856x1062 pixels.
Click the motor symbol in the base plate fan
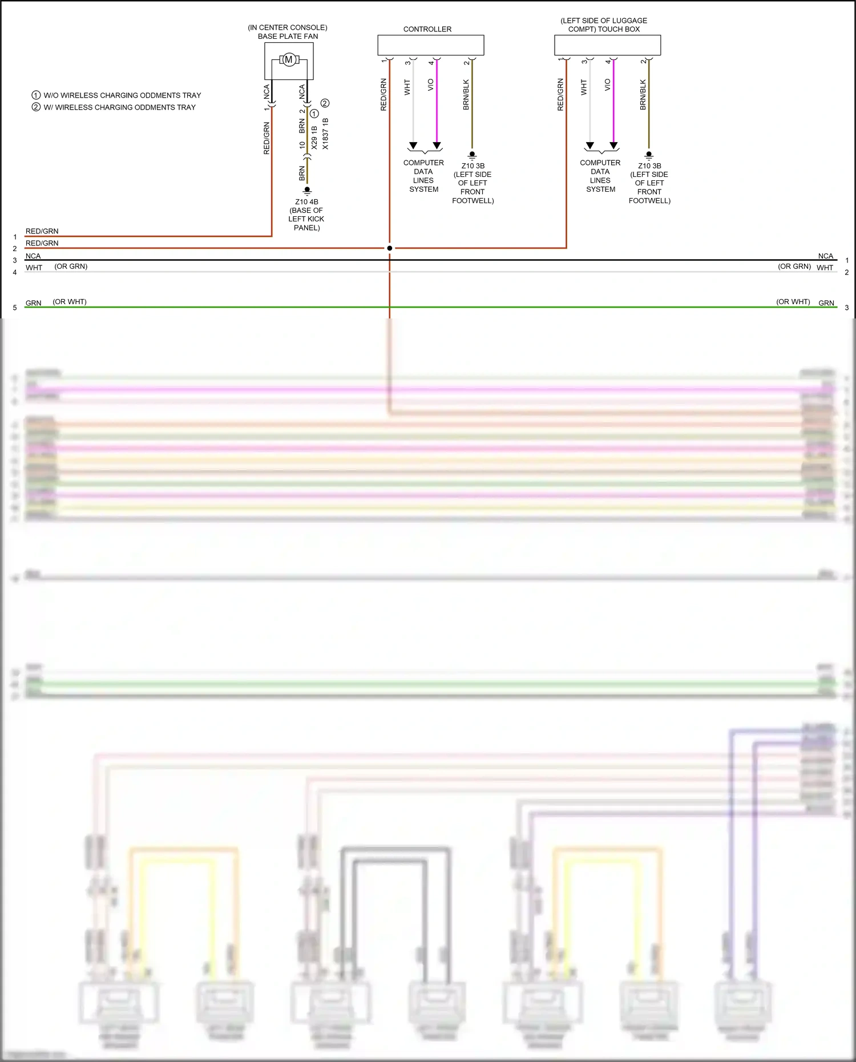point(289,59)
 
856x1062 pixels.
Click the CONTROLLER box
point(430,45)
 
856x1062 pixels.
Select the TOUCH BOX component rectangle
point(607,45)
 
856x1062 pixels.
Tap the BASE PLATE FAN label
point(288,36)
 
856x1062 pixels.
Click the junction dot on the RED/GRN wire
point(390,248)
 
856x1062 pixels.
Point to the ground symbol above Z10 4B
point(307,190)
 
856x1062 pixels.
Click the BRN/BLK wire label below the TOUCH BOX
point(643,95)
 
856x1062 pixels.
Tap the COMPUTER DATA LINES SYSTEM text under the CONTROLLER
point(423,176)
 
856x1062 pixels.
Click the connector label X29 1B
point(314,138)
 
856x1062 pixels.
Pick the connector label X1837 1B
point(325,134)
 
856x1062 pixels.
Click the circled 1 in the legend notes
point(36,95)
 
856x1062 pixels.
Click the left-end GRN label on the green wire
point(34,303)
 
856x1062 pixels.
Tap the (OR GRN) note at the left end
point(71,266)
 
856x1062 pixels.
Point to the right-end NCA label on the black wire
point(825,256)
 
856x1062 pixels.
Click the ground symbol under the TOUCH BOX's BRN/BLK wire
point(649,155)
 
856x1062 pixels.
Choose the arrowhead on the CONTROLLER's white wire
point(413,146)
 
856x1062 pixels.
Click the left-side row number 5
point(15,308)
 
